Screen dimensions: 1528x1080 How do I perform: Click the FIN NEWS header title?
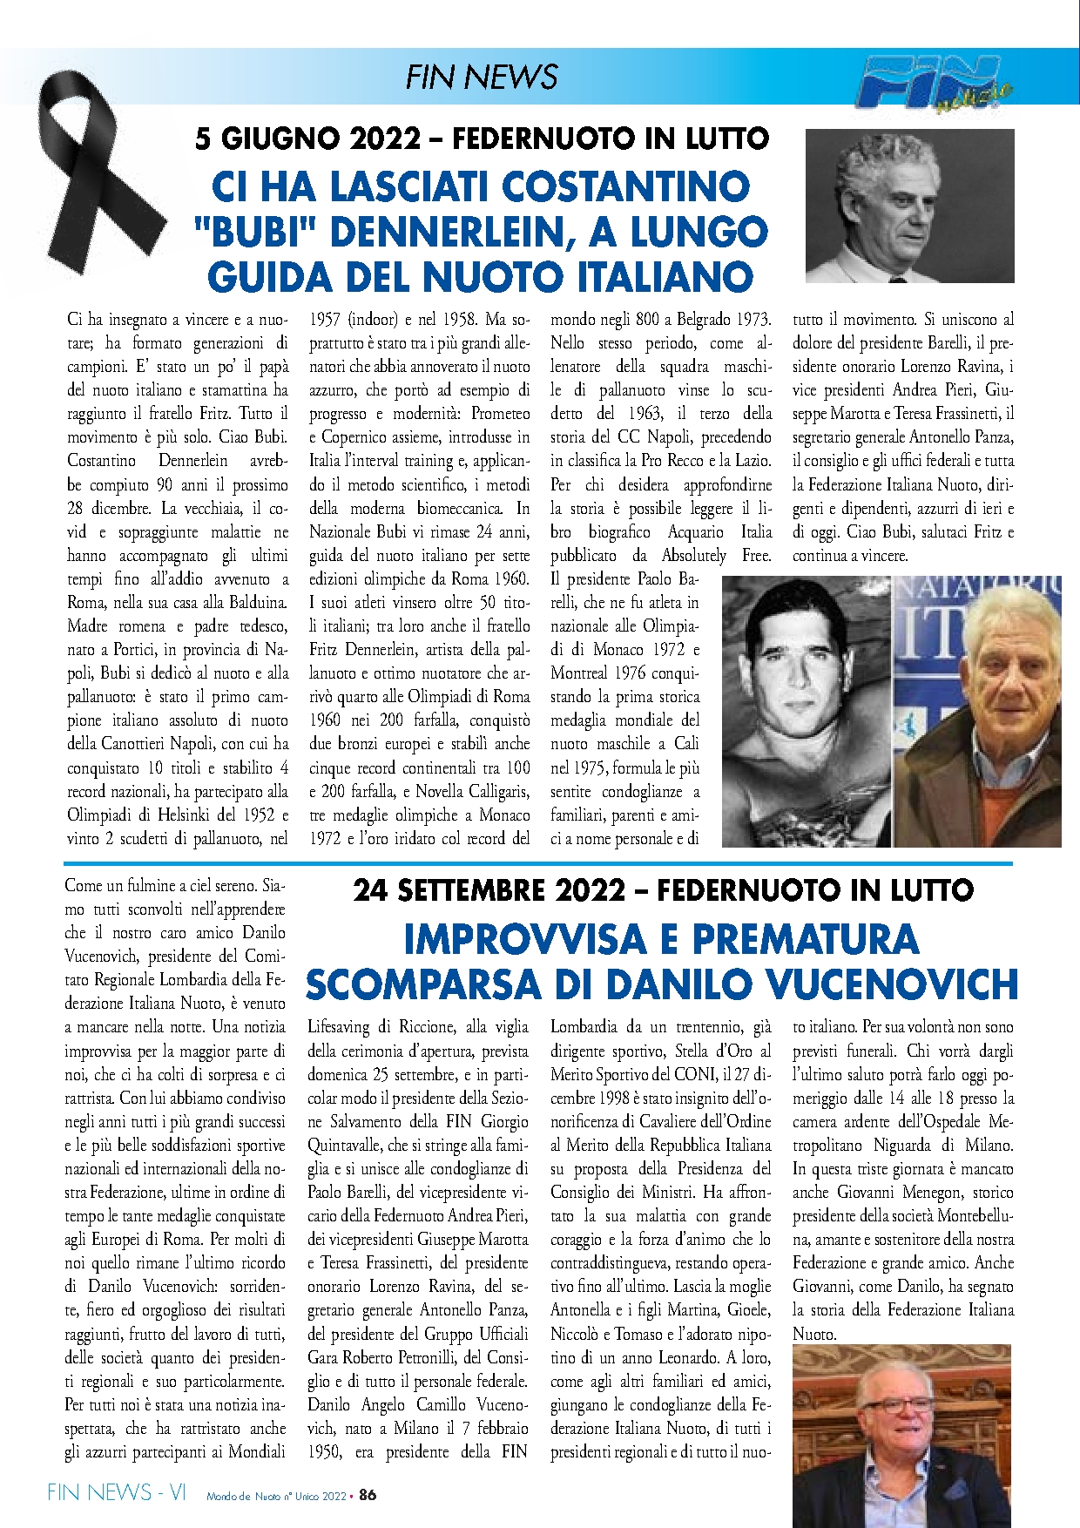[x=481, y=77]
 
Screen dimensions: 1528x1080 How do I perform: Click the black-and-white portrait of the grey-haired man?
[x=909, y=206]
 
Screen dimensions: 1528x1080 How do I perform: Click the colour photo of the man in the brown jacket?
[x=978, y=711]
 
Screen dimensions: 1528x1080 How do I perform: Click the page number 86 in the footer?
[x=368, y=1495]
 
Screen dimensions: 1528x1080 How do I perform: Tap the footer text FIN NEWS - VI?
[x=117, y=1492]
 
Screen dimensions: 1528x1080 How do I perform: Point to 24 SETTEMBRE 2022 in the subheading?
[x=489, y=890]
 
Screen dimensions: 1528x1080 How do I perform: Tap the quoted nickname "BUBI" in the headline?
[x=258, y=232]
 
